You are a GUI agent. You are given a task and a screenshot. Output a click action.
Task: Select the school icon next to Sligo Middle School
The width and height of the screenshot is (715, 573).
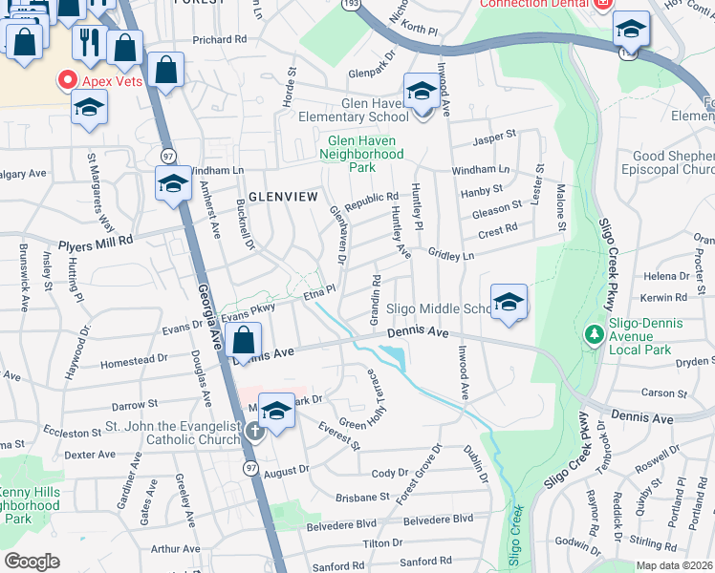pyautogui.click(x=509, y=304)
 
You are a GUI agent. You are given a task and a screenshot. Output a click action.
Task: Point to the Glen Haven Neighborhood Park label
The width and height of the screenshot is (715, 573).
pyautogui.click(x=361, y=153)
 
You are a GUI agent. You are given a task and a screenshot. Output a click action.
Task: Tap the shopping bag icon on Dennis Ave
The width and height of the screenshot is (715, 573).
pyautogui.click(x=245, y=342)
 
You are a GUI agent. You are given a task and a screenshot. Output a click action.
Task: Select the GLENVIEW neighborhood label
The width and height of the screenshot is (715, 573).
pyautogui.click(x=282, y=196)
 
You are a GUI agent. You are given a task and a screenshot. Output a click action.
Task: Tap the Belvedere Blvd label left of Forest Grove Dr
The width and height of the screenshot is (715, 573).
pyautogui.click(x=340, y=525)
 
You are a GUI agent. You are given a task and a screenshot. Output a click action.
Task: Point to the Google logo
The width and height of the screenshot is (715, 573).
pyautogui.click(x=32, y=561)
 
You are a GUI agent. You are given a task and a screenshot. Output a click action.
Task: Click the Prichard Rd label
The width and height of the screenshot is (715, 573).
pyautogui.click(x=219, y=40)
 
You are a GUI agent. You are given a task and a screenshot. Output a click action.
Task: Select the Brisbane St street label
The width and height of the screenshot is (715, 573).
pyautogui.click(x=362, y=498)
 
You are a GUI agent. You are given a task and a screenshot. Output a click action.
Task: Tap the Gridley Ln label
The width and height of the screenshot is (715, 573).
pyautogui.click(x=451, y=257)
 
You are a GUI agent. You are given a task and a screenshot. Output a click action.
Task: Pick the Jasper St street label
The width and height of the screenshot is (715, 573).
pyautogui.click(x=495, y=142)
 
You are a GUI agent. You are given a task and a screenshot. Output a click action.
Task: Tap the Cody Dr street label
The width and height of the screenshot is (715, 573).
pyautogui.click(x=389, y=474)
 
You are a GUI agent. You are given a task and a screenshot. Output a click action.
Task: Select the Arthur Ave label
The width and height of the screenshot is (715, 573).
pyautogui.click(x=176, y=549)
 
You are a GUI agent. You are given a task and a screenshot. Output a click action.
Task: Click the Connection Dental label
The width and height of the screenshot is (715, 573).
pyautogui.click(x=533, y=4)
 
